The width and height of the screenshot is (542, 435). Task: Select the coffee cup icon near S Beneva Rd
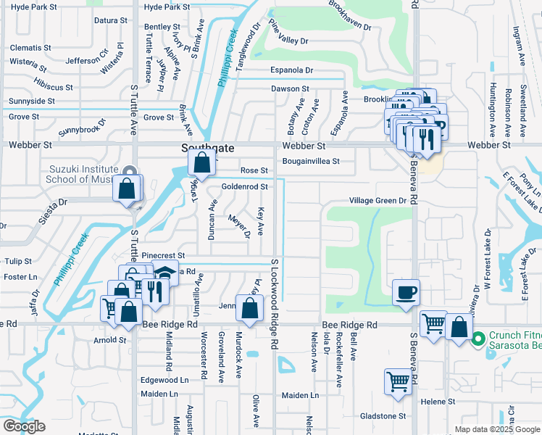tap(405, 292)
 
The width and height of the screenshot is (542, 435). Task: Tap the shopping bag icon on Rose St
tap(201, 164)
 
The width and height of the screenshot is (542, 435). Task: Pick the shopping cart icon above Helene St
tap(399, 382)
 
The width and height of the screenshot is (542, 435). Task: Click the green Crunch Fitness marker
tap(478, 338)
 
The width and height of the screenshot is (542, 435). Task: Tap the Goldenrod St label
tap(245, 186)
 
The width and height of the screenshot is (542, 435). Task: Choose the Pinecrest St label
tap(164, 256)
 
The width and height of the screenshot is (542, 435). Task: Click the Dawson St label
tap(290, 89)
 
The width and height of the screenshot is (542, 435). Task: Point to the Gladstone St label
tap(383, 416)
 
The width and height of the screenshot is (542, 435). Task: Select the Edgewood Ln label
tap(164, 380)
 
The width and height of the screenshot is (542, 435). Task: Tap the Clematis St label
tap(30, 48)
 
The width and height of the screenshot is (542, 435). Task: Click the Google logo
tap(24, 426)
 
